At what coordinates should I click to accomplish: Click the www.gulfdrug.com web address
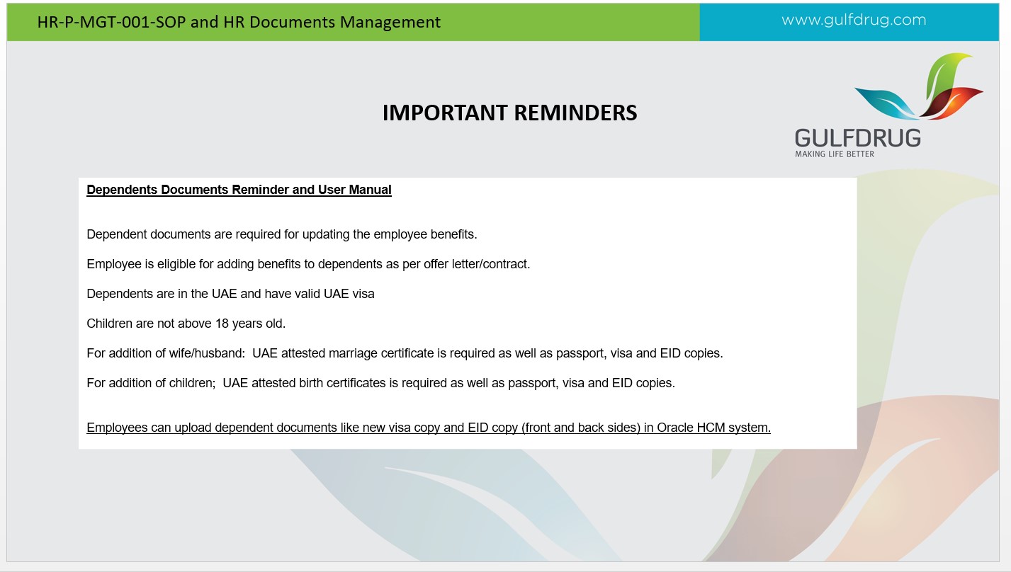[x=854, y=21]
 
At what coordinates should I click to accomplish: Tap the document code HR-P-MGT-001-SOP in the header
[x=111, y=22]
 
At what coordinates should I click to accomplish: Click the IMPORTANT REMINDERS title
[x=509, y=113]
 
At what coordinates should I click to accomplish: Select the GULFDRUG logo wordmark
[x=857, y=138]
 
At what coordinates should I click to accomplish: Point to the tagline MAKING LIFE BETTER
[x=835, y=154]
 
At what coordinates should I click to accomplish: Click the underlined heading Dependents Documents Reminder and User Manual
[x=239, y=190]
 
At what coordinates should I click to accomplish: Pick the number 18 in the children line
[x=222, y=324]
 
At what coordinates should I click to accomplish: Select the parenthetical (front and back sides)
[x=581, y=428]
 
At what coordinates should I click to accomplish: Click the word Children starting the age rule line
[x=109, y=324]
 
